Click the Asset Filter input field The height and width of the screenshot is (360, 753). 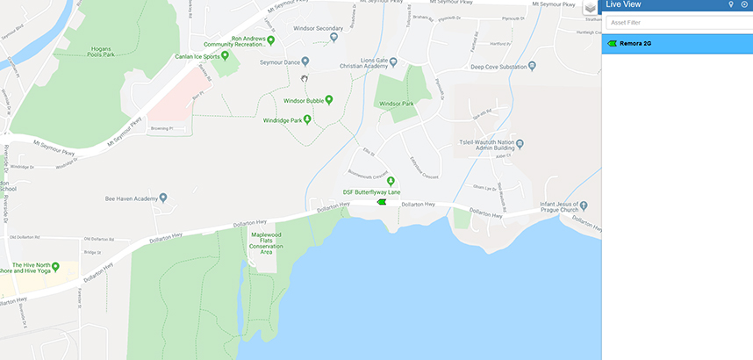tap(676, 23)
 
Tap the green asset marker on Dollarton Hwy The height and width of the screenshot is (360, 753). tap(381, 202)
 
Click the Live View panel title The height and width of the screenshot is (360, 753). tap(626, 5)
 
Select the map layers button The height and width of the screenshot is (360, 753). tap(591, 8)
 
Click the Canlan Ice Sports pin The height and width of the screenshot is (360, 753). tap(225, 55)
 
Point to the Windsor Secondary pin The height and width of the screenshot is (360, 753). tap(335, 38)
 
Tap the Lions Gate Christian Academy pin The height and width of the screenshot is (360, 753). tap(393, 61)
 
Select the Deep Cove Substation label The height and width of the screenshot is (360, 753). tap(503, 67)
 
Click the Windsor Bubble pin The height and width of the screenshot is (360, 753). tap(329, 99)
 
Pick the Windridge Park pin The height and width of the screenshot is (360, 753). tap(307, 119)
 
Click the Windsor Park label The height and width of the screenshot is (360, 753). tap(396, 104)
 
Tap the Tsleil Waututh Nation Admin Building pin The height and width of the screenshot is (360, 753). tap(520, 143)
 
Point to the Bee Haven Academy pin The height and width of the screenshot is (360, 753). tap(163, 198)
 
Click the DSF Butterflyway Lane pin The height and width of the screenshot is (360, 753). tap(391, 181)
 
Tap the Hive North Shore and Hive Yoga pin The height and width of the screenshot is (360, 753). tap(55, 266)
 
